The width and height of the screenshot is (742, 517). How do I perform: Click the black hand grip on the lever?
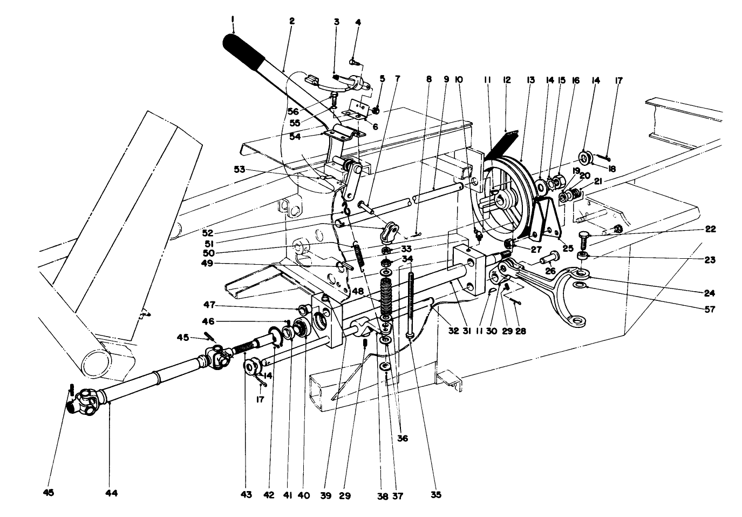[243, 49]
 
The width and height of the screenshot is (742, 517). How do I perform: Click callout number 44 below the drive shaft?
[112, 493]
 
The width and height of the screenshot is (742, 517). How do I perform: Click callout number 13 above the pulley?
[530, 80]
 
